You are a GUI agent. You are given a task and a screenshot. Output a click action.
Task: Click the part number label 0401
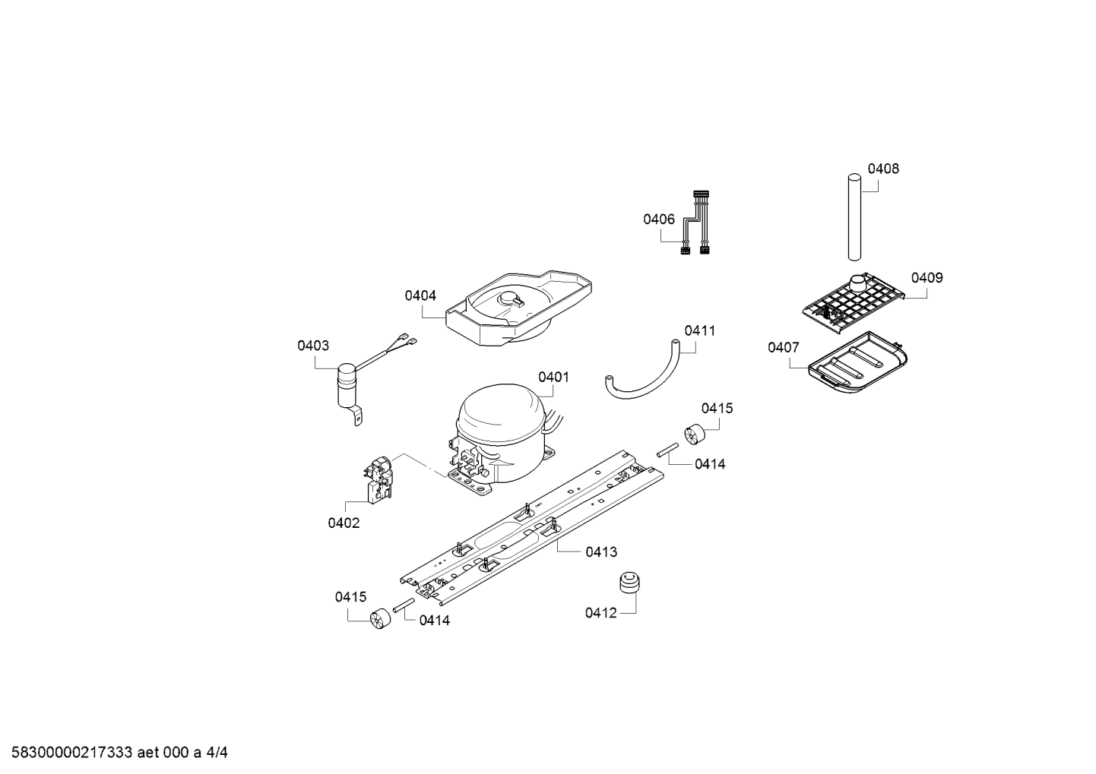click(x=553, y=377)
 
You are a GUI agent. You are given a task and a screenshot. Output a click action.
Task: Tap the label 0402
click(x=344, y=523)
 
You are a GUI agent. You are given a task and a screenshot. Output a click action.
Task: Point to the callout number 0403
click(x=313, y=346)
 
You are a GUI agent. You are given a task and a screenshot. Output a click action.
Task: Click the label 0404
click(x=420, y=295)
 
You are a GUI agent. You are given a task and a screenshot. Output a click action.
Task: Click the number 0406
click(x=658, y=220)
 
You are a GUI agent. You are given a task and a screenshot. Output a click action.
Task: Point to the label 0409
click(x=927, y=277)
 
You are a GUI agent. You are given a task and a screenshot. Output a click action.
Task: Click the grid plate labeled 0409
click(x=855, y=304)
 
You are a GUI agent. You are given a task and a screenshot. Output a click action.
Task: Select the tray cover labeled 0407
click(x=859, y=365)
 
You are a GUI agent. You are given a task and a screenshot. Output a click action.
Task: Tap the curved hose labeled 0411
click(x=646, y=376)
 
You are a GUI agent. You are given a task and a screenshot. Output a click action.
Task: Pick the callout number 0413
click(x=601, y=551)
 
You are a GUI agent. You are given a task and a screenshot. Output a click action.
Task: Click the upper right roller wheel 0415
click(x=694, y=435)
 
